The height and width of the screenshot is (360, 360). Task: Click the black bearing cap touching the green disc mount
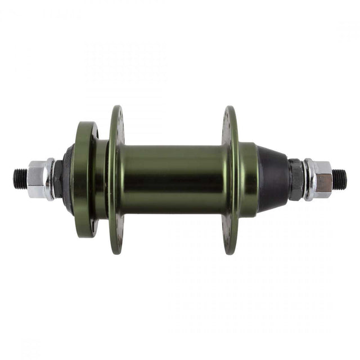click(x=69, y=179)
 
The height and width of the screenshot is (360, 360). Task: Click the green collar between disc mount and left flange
click(x=102, y=179)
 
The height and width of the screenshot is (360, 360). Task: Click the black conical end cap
click(x=273, y=179)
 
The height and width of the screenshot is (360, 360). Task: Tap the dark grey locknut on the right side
click(x=296, y=179)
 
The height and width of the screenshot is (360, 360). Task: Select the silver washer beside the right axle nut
click(x=309, y=179)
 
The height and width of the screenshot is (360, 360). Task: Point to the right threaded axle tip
click(x=339, y=179)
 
